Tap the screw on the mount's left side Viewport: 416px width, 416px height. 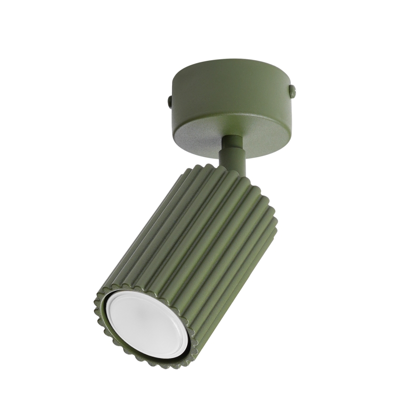pyautogui.click(x=170, y=101)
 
